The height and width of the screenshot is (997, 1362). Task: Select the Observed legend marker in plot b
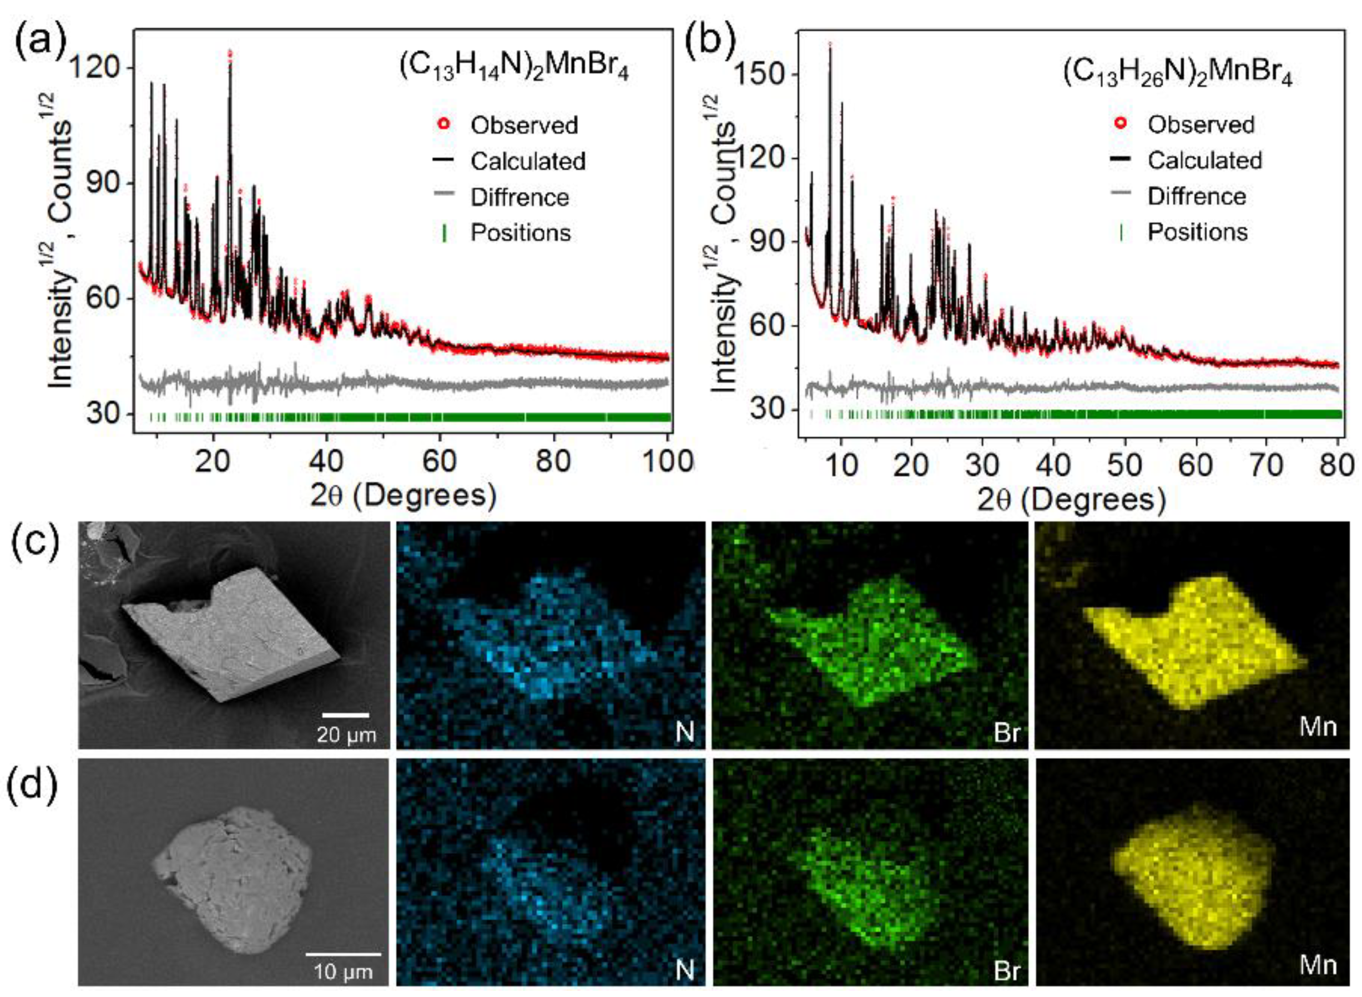pyautogui.click(x=1121, y=124)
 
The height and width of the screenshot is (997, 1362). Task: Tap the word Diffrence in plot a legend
pyautogui.click(x=519, y=198)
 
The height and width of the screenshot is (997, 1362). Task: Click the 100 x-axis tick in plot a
pyautogui.click(x=666, y=461)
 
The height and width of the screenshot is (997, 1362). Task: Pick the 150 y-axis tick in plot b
pyautogui.click(x=763, y=74)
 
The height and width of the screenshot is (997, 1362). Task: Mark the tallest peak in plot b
pyautogui.click(x=830, y=46)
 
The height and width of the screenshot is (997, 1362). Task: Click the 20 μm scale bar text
pyautogui.click(x=346, y=734)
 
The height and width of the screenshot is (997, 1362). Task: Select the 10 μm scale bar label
pyautogui.click(x=343, y=971)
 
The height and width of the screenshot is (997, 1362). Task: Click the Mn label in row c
pyautogui.click(x=1318, y=727)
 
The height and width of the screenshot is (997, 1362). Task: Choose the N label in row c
pyautogui.click(x=684, y=732)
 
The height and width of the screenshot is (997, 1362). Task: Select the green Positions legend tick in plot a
pyautogui.click(x=445, y=233)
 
